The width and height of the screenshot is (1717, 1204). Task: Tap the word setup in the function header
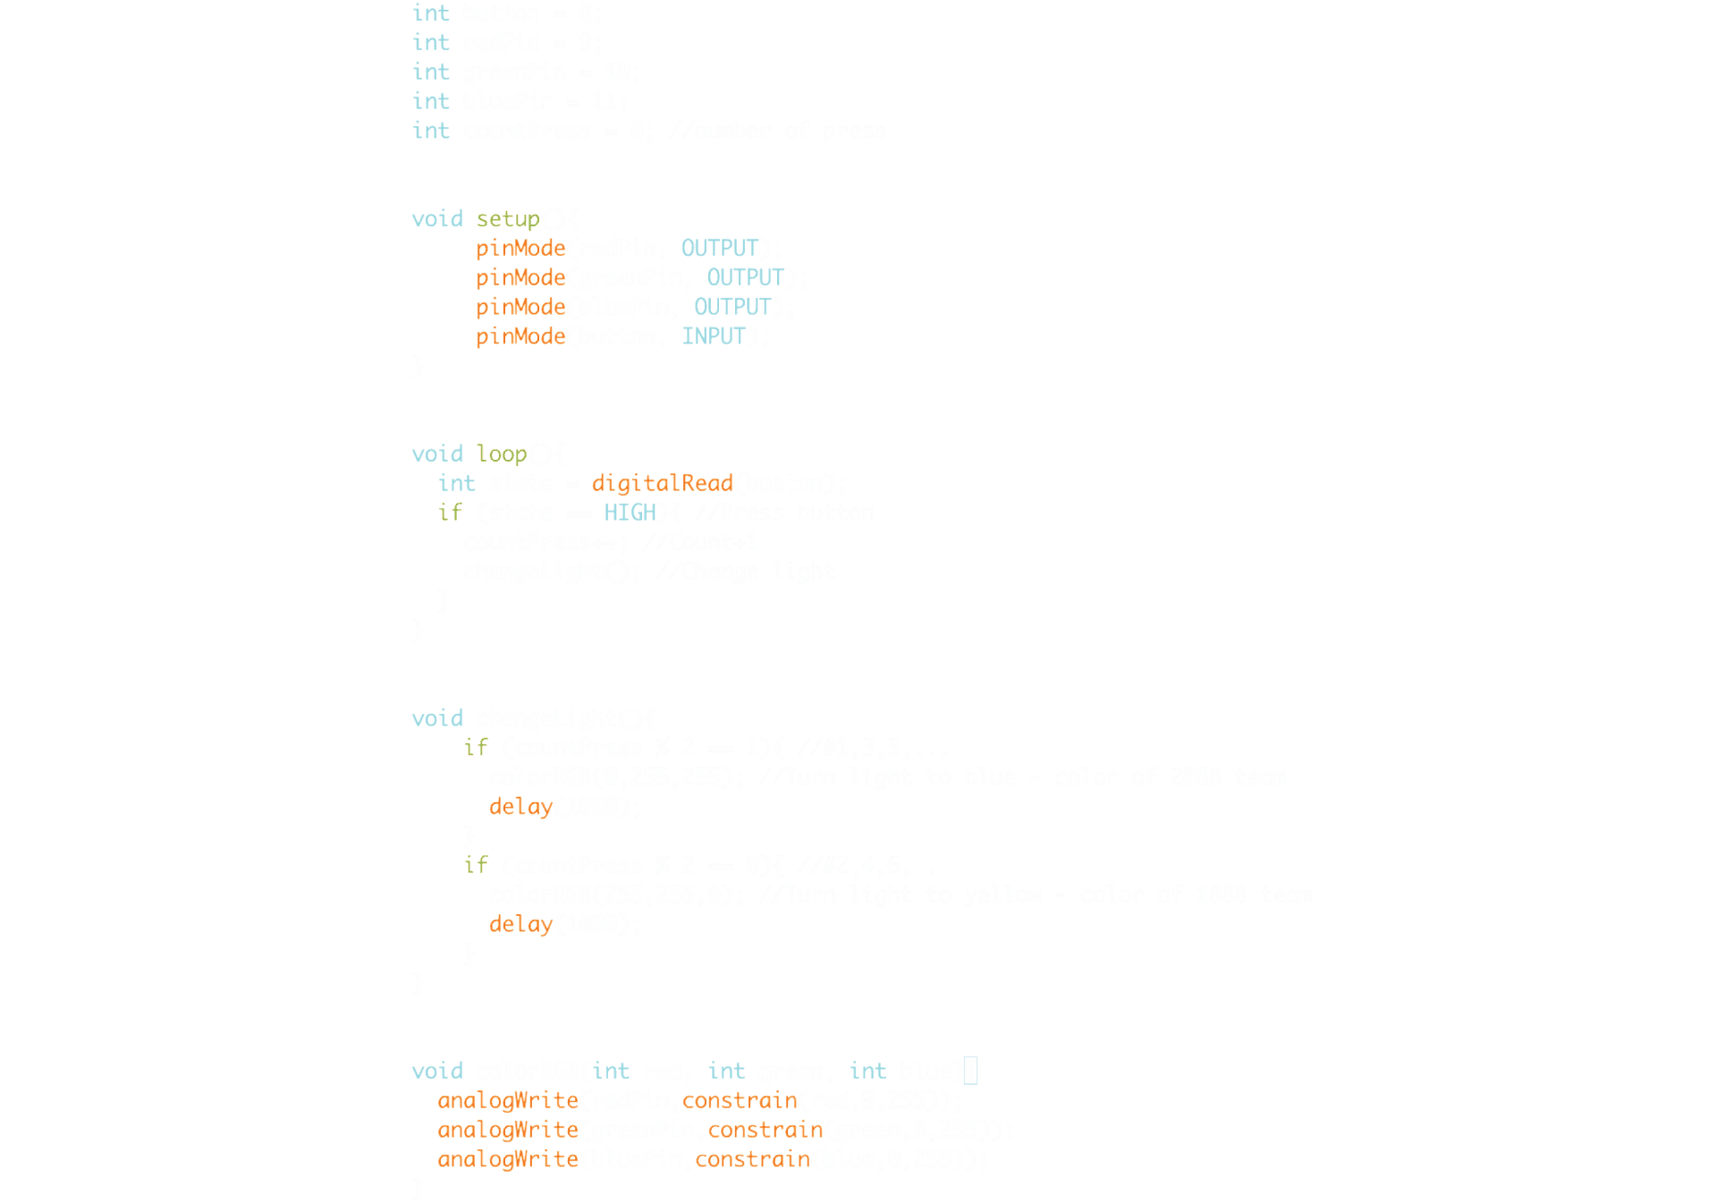coord(507,219)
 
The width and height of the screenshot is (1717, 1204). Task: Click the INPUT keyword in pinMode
coord(713,336)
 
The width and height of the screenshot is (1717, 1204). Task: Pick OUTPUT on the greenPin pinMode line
coord(744,278)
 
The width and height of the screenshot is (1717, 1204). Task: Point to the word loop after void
coord(501,454)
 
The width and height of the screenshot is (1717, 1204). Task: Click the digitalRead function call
coord(662,484)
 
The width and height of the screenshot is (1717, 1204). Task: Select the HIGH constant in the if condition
coord(630,513)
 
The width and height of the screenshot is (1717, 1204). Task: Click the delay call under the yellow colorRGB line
coord(520,925)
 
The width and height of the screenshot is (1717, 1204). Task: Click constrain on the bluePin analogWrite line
coord(752,1160)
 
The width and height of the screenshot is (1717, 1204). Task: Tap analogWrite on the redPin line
coord(507,1101)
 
